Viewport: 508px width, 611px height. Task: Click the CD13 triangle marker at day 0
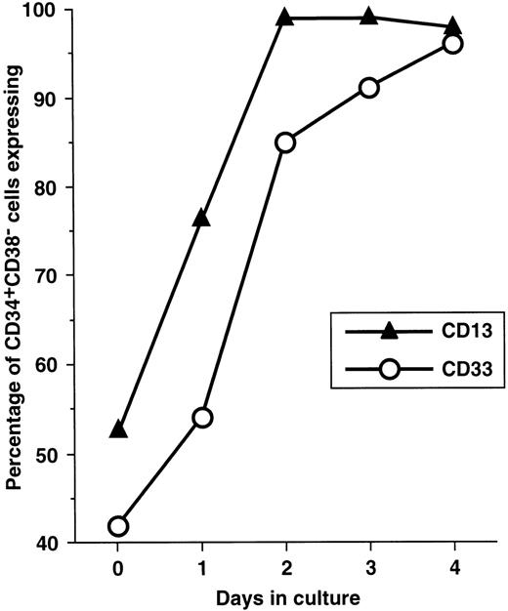click(118, 428)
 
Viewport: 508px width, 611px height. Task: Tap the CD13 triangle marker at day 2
click(285, 18)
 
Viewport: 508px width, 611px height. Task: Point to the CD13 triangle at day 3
click(368, 18)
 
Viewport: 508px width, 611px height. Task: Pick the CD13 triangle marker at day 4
click(452, 26)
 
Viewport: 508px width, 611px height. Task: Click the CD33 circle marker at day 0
click(118, 526)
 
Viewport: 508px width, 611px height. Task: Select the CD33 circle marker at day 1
click(202, 418)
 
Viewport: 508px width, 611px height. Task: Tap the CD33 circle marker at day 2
click(285, 143)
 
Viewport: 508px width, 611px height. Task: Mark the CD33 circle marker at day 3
click(368, 88)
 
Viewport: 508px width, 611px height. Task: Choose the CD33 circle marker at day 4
click(452, 44)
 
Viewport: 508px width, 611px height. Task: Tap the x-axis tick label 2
click(285, 564)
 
